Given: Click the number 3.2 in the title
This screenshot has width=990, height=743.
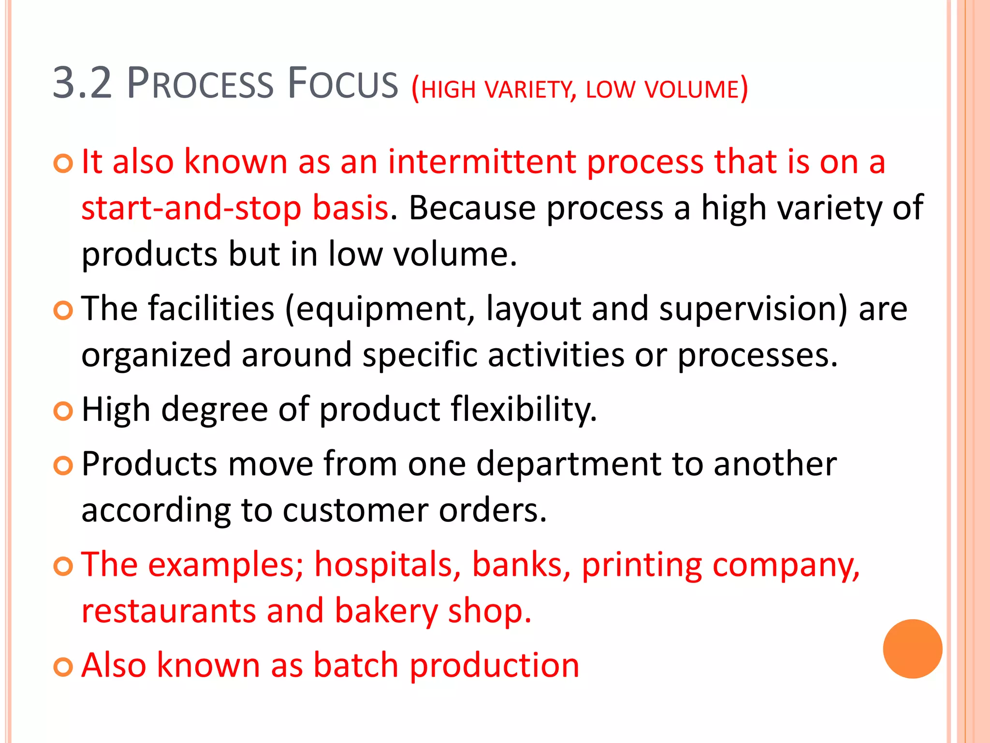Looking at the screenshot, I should [x=82, y=83].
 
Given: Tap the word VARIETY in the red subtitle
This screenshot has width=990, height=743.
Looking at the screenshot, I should [x=530, y=89].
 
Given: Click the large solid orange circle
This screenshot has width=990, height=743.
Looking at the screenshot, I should [x=912, y=649].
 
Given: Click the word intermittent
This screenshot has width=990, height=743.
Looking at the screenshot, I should [x=481, y=162].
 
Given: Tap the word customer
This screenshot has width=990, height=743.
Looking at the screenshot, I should [x=355, y=510].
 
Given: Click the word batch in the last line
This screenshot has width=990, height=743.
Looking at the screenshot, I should [x=356, y=665].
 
